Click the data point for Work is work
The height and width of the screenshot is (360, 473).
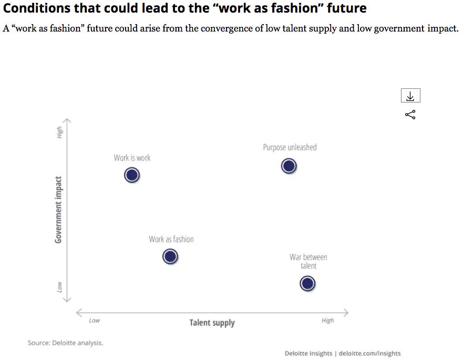coord(132,175)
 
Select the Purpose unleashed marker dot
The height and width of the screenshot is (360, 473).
coord(289,166)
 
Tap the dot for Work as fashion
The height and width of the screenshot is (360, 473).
coord(170,256)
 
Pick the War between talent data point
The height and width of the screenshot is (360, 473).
coord(307,284)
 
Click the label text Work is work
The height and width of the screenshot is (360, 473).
coord(132,158)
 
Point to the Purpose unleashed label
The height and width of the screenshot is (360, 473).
coord(290,147)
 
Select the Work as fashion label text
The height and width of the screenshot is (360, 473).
coord(171,239)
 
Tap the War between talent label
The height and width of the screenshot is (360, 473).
coord(308,261)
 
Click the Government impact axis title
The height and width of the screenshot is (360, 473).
coord(59,210)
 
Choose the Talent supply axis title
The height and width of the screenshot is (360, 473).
coord(212,322)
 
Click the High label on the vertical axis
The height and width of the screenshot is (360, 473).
coord(59,132)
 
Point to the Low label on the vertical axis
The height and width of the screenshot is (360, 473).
coord(59,286)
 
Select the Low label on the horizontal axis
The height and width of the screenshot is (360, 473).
coord(94,320)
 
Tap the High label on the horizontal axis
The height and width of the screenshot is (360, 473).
coord(327,320)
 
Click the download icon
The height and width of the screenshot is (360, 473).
coord(410,97)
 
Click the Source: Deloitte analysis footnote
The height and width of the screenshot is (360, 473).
coord(65,343)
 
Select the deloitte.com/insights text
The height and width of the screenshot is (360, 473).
coord(369,353)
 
